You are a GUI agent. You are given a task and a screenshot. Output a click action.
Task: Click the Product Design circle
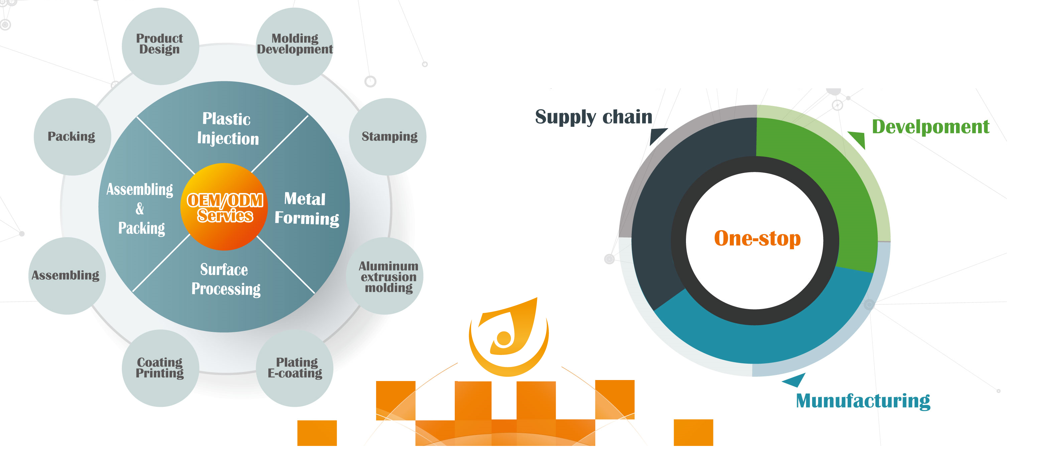pos(160,46)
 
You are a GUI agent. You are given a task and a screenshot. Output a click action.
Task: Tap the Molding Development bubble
pos(295,46)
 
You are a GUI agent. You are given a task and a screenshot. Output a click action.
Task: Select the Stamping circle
pos(387,136)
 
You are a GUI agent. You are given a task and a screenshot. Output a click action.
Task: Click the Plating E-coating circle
pos(295,368)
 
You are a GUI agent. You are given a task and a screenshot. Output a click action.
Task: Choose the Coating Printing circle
pos(160,368)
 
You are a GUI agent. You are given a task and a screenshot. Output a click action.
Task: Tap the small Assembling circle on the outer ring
pos(67,276)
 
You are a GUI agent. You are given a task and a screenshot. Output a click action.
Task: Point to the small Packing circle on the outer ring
pos(72,136)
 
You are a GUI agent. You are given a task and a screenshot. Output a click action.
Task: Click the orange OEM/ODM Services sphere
pos(224,207)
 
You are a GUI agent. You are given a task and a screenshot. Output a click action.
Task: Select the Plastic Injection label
pos(228,128)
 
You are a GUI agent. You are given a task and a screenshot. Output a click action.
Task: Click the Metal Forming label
pos(307,208)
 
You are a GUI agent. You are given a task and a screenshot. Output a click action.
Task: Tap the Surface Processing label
pos(226,279)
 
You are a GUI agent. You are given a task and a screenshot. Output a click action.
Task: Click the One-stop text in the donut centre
pos(757,238)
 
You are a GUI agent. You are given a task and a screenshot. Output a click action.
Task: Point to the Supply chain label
pos(594,117)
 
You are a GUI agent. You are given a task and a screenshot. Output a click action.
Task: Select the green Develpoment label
pos(931,127)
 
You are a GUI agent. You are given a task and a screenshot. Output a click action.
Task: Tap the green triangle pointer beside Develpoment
pos(858,138)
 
